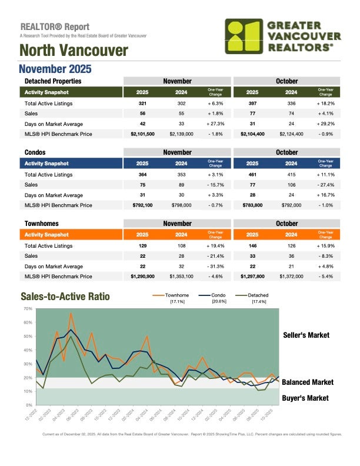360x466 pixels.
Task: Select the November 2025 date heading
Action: pos(55,68)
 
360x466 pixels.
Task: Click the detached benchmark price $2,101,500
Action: pos(142,134)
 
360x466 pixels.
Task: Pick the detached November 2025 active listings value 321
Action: pos(142,103)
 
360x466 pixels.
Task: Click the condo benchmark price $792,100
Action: pos(142,205)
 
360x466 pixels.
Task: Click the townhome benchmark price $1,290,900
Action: pos(142,276)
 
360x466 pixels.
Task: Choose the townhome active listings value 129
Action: pos(142,245)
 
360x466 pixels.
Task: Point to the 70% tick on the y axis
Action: pos(27,308)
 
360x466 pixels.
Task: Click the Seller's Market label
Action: pos(306,335)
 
